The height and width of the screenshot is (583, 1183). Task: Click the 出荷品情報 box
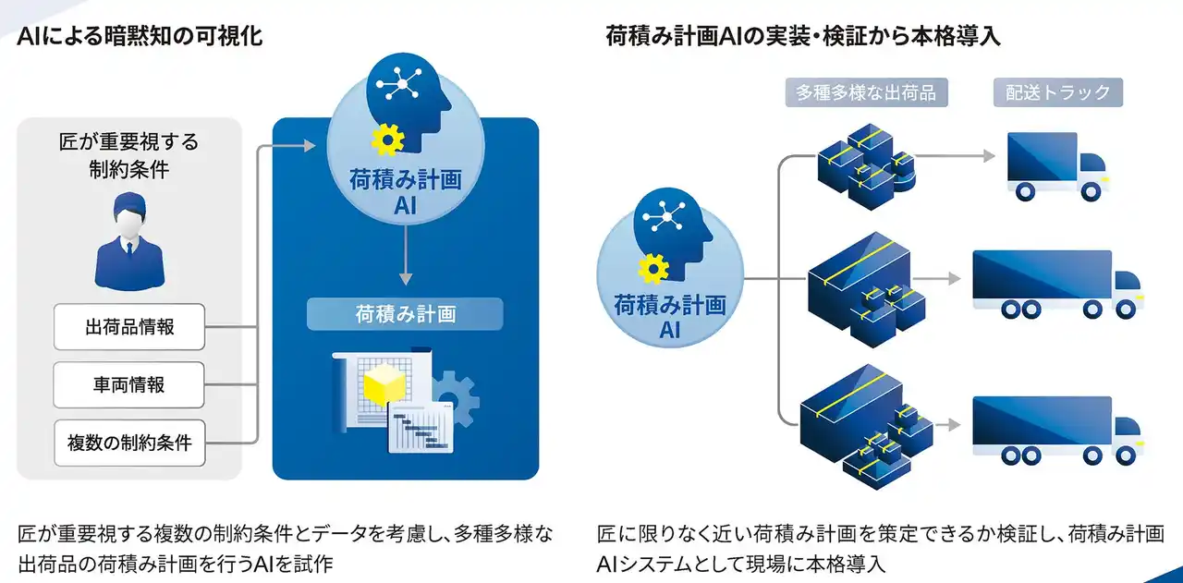click(129, 326)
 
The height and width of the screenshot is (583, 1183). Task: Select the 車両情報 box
click(129, 384)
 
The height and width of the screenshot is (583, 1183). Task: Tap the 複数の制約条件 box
click(129, 443)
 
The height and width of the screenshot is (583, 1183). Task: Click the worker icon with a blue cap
click(128, 242)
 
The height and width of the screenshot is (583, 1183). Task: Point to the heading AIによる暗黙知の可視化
click(140, 36)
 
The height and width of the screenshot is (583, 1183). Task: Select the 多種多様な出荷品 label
click(866, 92)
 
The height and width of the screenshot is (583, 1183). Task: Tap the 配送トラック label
click(1058, 92)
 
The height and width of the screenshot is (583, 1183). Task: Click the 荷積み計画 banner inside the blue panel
click(405, 314)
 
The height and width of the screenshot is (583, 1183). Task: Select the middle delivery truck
click(1056, 283)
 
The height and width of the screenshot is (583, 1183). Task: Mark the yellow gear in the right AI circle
click(652, 269)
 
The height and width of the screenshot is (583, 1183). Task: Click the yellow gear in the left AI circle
click(387, 140)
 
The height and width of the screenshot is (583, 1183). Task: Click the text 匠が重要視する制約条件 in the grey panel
click(128, 157)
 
